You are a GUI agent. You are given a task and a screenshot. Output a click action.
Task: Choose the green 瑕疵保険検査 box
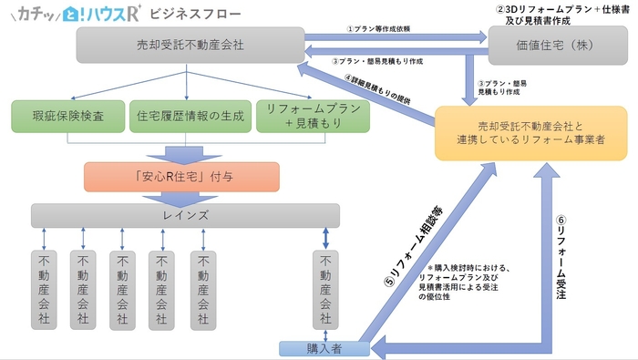tap(66, 117)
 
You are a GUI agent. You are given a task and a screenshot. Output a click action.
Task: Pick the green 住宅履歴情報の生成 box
tap(188, 117)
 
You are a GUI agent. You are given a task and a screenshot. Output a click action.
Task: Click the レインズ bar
tap(185, 215)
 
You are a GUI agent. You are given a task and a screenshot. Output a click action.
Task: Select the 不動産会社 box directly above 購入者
tap(324, 286)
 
